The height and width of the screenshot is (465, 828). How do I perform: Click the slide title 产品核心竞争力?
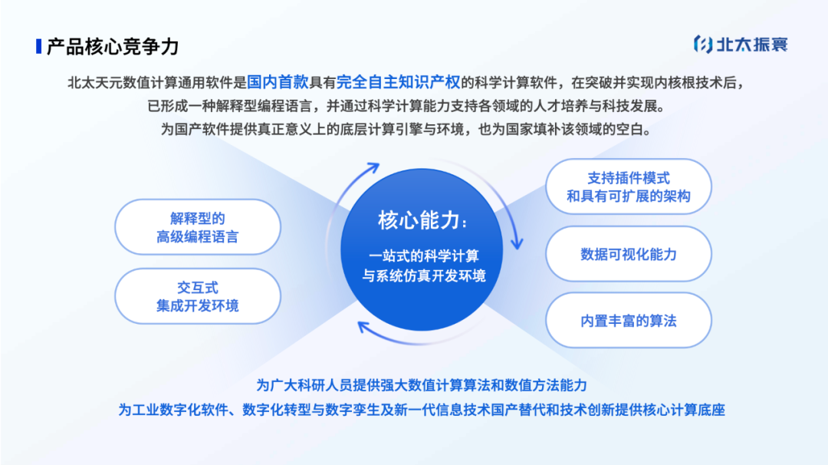(112, 46)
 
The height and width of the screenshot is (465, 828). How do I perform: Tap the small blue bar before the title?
(39, 46)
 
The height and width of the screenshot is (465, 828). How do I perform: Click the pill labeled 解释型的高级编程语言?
(197, 228)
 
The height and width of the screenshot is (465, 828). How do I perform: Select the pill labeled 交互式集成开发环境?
(197, 296)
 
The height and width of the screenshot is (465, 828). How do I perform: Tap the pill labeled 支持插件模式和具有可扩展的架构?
(628, 186)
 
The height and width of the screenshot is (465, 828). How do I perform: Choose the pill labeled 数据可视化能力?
(628, 254)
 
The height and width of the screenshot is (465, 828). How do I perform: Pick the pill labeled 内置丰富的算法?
(628, 321)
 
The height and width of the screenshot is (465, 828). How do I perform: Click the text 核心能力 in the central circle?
(419, 220)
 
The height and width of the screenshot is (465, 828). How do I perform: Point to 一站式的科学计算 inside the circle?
(423, 256)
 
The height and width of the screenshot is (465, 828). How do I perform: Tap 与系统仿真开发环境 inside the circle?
(423, 275)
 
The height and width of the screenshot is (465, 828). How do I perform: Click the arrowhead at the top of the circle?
(374, 167)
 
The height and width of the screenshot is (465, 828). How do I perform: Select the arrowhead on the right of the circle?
(517, 244)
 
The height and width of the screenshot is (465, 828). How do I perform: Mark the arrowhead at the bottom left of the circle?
(363, 328)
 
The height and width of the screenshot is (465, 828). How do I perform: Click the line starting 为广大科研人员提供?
(422, 384)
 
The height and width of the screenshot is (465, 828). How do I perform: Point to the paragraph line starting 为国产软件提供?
(406, 129)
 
